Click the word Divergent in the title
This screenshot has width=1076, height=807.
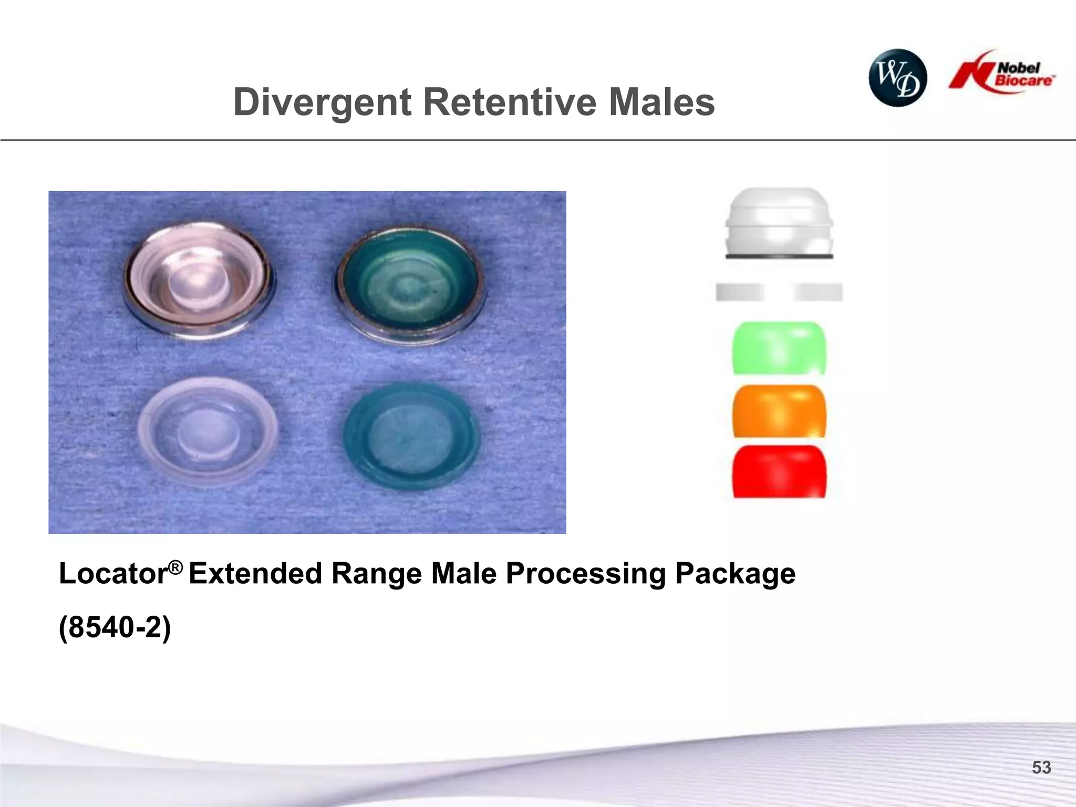[x=322, y=102]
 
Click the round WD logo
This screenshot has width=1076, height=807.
[x=897, y=78]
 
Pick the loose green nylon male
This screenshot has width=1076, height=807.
[x=411, y=437]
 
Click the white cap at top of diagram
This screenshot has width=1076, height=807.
[x=779, y=224]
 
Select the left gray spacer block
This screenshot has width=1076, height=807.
[x=739, y=292]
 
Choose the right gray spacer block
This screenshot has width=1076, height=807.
[x=818, y=292]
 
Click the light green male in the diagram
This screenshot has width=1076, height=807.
[x=779, y=348]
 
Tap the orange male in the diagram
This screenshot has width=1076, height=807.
[x=779, y=411]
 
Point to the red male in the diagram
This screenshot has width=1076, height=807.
[x=779, y=472]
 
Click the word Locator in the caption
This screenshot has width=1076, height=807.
[x=113, y=574]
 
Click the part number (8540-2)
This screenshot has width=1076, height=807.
[x=115, y=627]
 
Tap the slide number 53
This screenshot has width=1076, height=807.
[x=1041, y=768]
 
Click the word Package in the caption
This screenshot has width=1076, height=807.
[x=735, y=574]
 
